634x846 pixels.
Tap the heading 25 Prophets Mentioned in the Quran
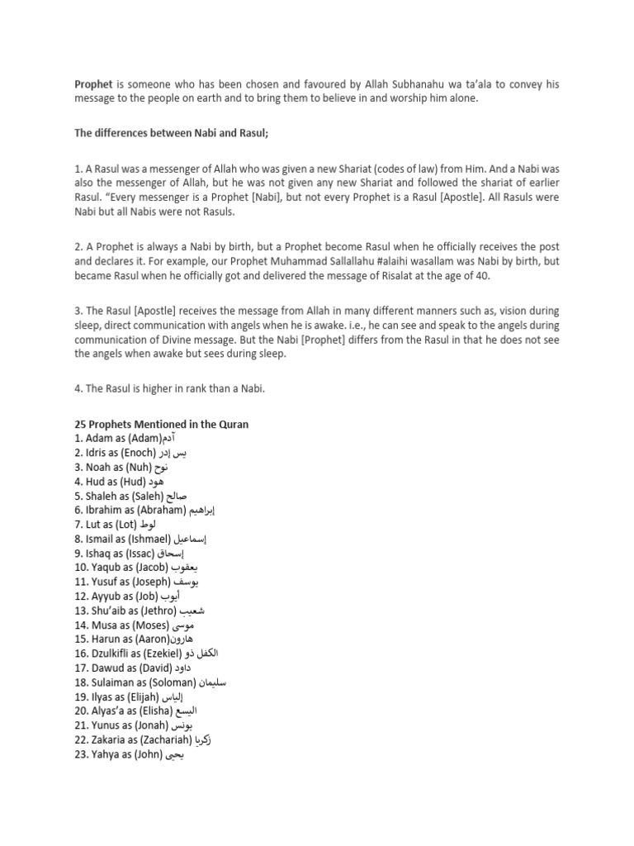pos(162,424)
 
